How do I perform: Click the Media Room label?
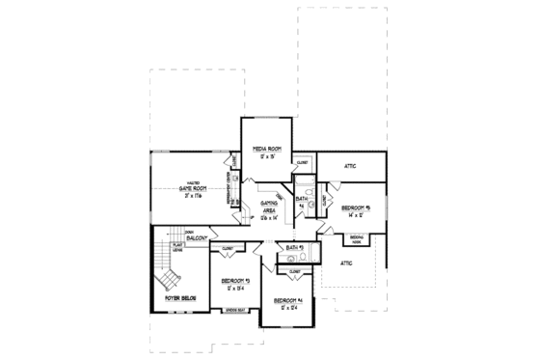coord(266,149)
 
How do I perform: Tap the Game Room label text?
coord(193,192)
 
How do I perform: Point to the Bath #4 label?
coord(301,203)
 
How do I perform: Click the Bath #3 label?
coord(295,249)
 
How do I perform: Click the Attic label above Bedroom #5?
coord(350,167)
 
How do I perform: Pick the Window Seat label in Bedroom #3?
coord(234,311)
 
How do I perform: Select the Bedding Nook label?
coord(357,237)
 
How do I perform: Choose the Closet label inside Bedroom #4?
coord(295,272)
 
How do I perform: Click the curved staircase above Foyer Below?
coord(168,275)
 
